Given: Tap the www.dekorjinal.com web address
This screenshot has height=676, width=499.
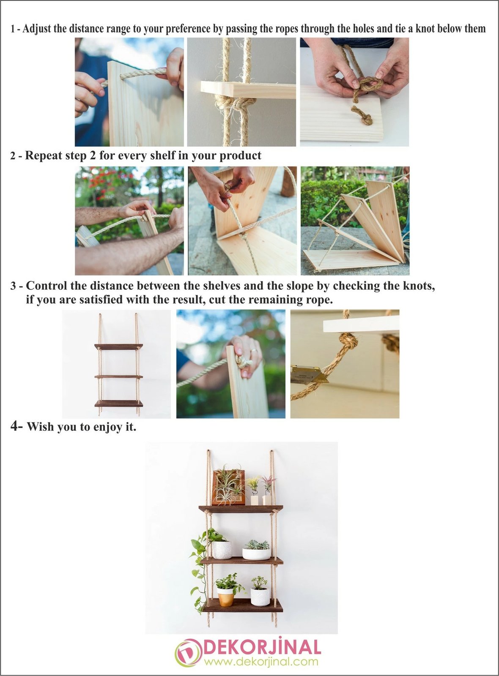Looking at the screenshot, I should [x=261, y=662].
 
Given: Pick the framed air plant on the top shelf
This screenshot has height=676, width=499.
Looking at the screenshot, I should [x=229, y=487].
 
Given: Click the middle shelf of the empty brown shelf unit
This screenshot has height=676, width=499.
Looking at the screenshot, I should [x=118, y=376].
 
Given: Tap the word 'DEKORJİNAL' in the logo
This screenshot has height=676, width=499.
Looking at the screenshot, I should [x=262, y=647].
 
